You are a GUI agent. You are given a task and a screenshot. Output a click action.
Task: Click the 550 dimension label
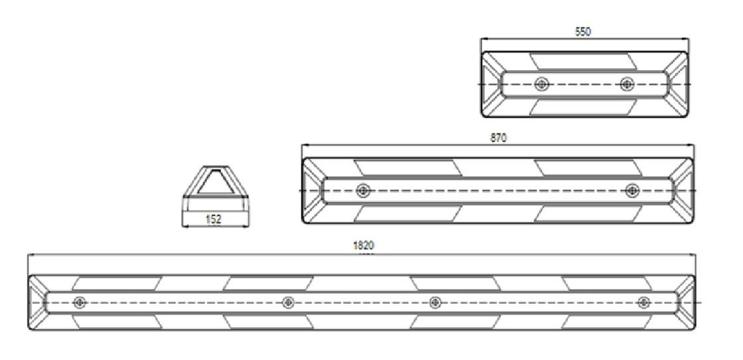[x=582, y=32]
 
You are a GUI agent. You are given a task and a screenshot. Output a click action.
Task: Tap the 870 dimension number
[x=499, y=138]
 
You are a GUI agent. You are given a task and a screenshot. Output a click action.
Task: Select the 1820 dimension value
[x=363, y=246]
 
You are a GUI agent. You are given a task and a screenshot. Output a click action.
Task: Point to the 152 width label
[x=214, y=219]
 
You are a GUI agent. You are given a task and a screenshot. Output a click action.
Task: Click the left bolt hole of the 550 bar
[x=542, y=84]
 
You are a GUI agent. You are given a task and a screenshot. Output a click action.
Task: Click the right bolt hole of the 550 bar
[x=627, y=84]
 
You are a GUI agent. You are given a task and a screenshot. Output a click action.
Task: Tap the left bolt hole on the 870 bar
[x=363, y=191]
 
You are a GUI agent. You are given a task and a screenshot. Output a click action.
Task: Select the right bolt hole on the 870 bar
[x=631, y=191]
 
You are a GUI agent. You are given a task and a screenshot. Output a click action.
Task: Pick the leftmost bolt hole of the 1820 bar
[x=79, y=302]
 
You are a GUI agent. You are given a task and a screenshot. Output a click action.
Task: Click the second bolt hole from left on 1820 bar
[x=288, y=302]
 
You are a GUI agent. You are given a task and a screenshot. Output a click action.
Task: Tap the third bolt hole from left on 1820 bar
[x=435, y=302]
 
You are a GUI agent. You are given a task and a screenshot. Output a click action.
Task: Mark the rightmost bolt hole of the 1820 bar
[x=643, y=302]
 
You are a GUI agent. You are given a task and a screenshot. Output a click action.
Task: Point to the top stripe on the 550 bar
[x=582, y=61]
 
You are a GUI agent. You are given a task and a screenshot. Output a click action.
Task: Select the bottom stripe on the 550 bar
[x=582, y=107]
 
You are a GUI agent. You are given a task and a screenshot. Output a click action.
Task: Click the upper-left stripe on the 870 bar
[x=408, y=167]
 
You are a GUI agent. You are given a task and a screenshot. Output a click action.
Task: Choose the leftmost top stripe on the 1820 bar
[x=117, y=283]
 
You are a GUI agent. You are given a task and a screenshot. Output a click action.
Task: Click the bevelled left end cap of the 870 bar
[x=313, y=191]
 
